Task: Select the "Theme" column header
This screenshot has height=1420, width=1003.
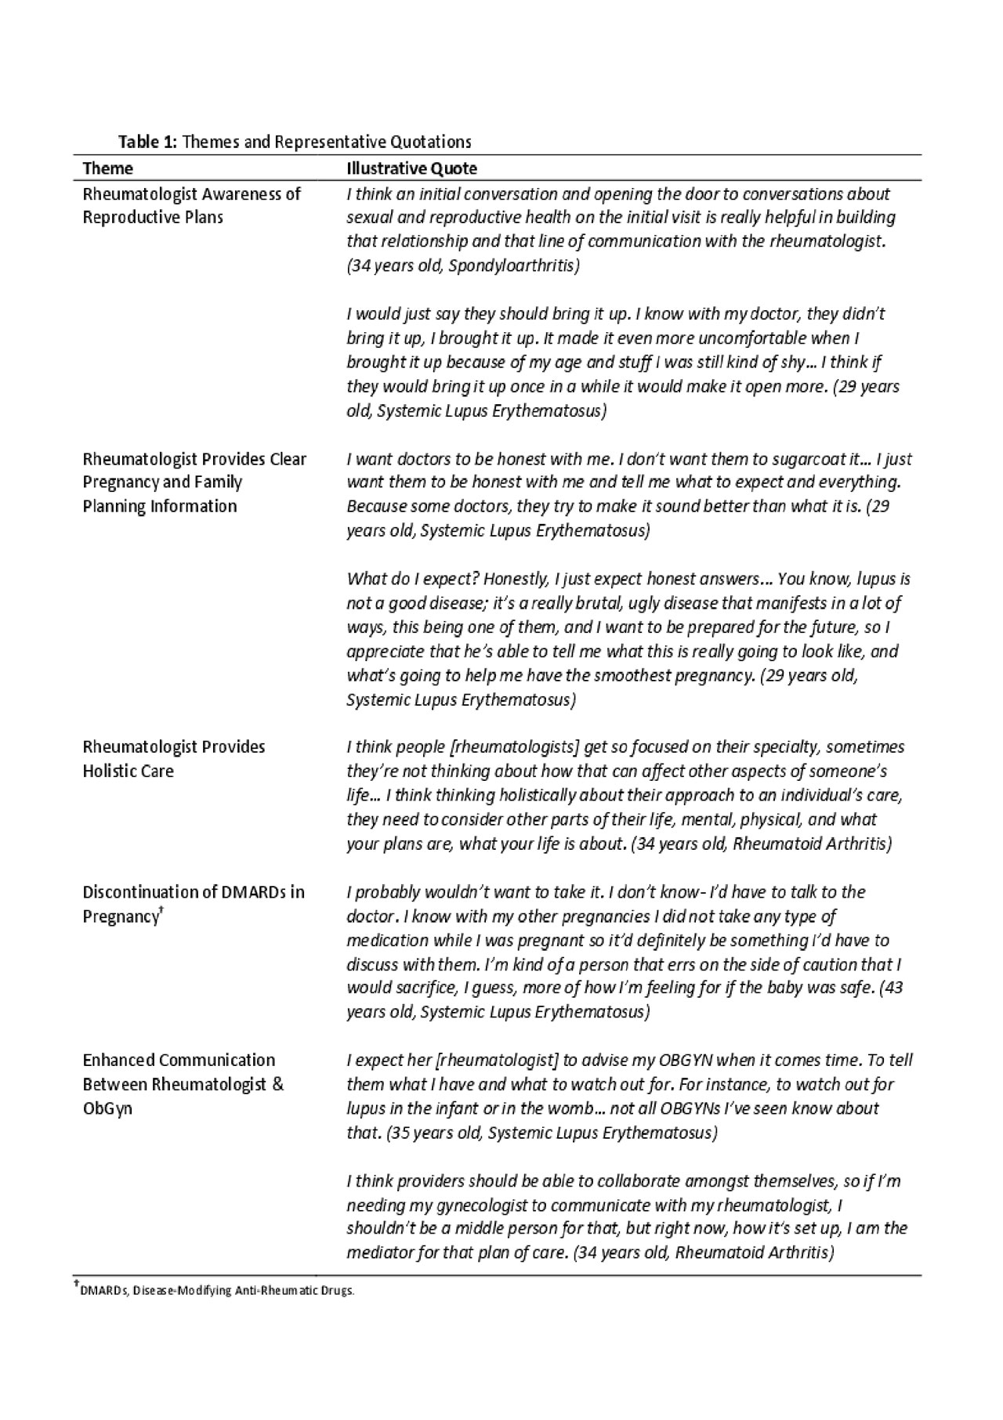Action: [x=108, y=168]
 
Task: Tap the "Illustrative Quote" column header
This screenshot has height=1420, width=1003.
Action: [x=412, y=168]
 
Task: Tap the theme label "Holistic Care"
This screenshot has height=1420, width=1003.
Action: [x=129, y=771]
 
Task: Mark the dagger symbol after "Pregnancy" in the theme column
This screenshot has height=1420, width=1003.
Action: [x=161, y=910]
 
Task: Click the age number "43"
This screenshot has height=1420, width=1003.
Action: [x=893, y=988]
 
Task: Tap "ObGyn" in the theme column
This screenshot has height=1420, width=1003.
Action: [x=107, y=1108]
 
